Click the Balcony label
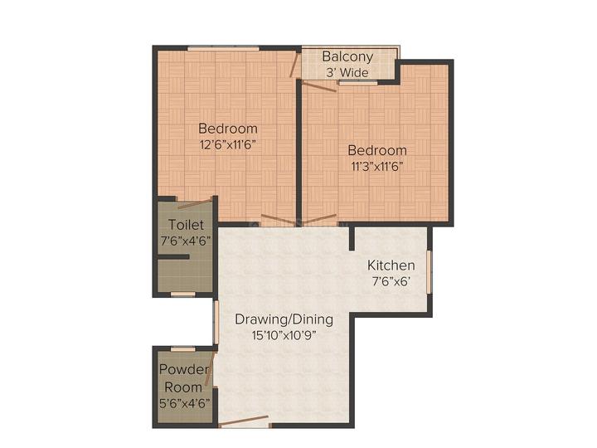point(347,56)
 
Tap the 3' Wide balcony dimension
point(347,72)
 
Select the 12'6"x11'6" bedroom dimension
point(227,144)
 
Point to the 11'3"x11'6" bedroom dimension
point(376,167)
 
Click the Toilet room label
point(186,225)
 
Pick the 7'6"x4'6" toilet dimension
point(186,241)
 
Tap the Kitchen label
point(391,265)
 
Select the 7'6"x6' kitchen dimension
point(391,281)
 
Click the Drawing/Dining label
point(284,319)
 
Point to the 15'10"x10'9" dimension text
point(284,336)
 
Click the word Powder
point(184,369)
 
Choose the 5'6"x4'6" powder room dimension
point(184,403)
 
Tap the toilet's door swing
point(195,203)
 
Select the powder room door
point(211,368)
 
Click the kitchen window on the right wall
point(429,271)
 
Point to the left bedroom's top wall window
point(224,48)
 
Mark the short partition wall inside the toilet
point(173,257)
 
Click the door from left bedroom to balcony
point(294,65)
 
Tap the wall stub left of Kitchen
point(352,238)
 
